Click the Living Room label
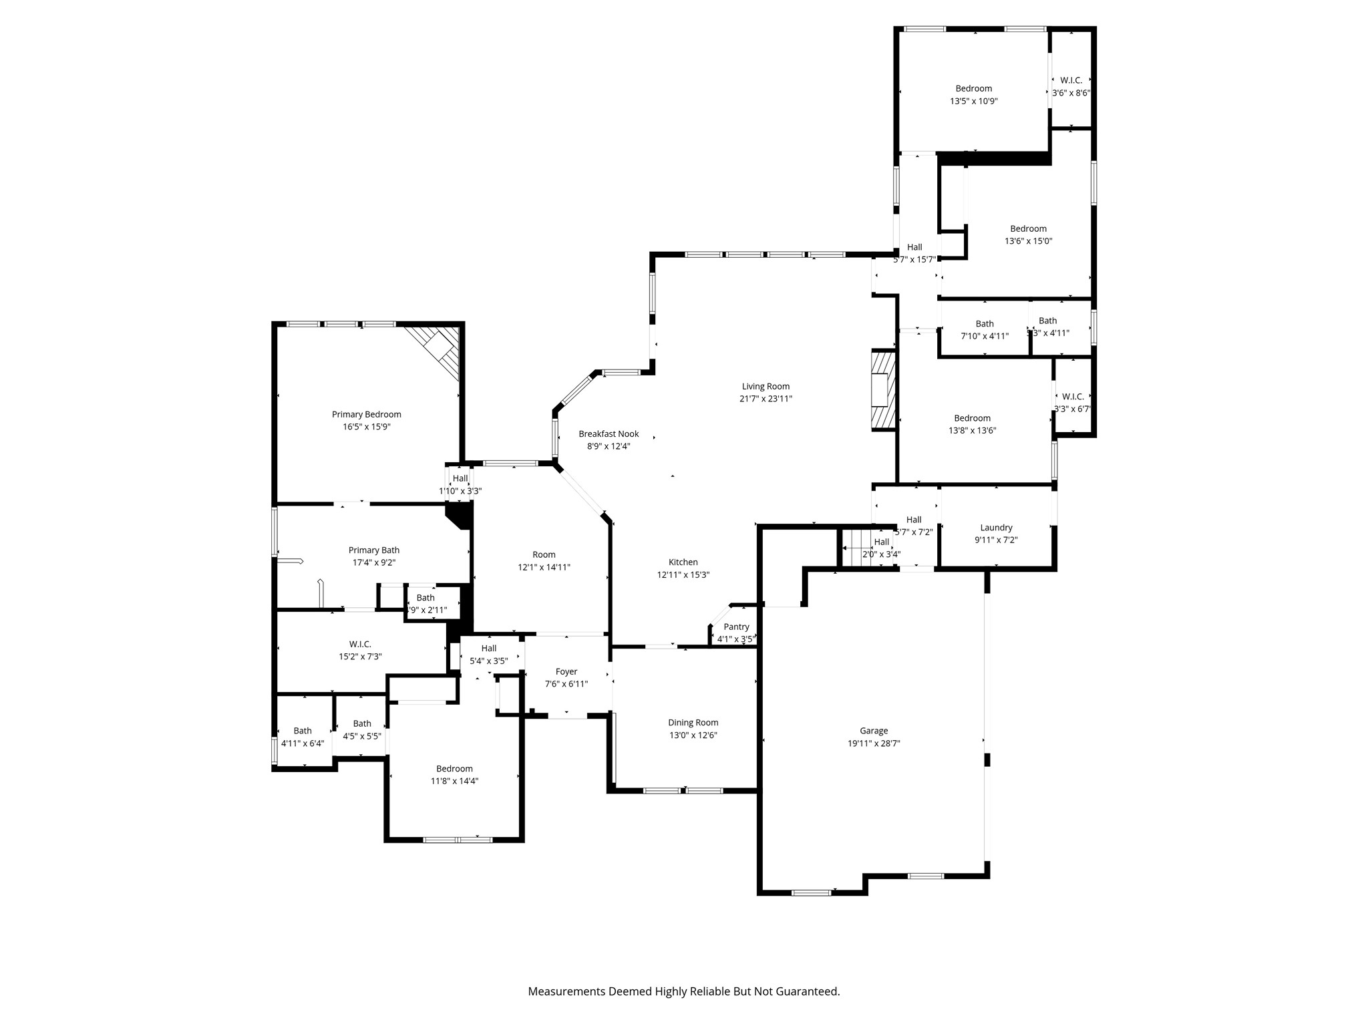pyautogui.click(x=765, y=386)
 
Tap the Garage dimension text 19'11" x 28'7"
pyautogui.click(x=874, y=743)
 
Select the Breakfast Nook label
pyautogui.click(x=609, y=434)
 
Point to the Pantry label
pyautogui.click(x=736, y=627)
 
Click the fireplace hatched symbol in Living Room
pyautogui.click(x=882, y=389)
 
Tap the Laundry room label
pyautogui.click(x=996, y=527)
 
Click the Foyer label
pyautogui.click(x=566, y=671)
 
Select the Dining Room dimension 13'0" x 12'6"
pyautogui.click(x=693, y=735)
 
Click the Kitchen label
pyautogui.click(x=683, y=562)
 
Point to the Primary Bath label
pyautogui.click(x=373, y=550)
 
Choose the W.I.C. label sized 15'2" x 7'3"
pyautogui.click(x=360, y=644)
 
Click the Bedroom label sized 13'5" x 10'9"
pyautogui.click(x=973, y=88)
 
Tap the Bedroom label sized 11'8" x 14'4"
pyautogui.click(x=454, y=768)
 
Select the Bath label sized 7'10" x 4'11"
pyautogui.click(x=984, y=323)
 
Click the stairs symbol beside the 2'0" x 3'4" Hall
pyautogui.click(x=858, y=548)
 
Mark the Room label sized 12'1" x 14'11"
pyautogui.click(x=544, y=554)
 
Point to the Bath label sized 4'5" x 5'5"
pyautogui.click(x=362, y=723)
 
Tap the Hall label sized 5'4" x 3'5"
pyautogui.click(x=488, y=648)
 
